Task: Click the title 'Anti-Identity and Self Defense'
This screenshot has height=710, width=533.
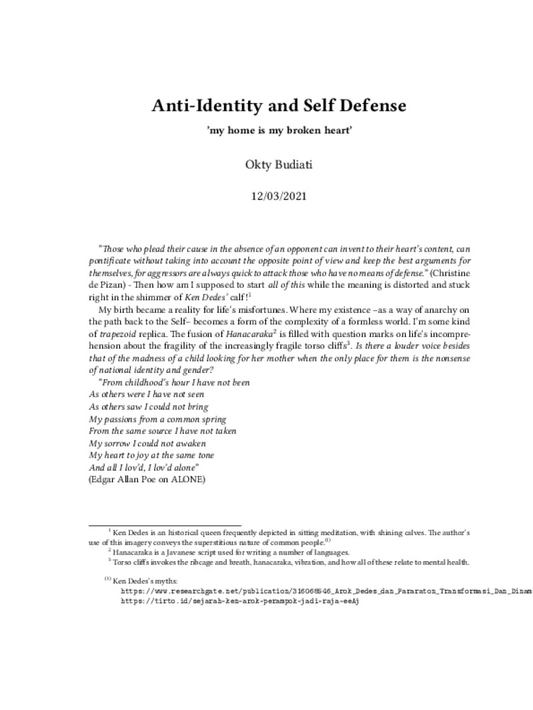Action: [278, 105]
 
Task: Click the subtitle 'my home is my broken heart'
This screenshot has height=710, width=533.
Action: [279, 130]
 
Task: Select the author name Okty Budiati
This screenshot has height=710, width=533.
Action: [278, 165]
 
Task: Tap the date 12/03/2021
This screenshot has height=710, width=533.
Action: [278, 197]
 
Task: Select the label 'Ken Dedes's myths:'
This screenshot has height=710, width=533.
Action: [144, 581]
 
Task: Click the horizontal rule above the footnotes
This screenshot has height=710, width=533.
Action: [165, 525]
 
